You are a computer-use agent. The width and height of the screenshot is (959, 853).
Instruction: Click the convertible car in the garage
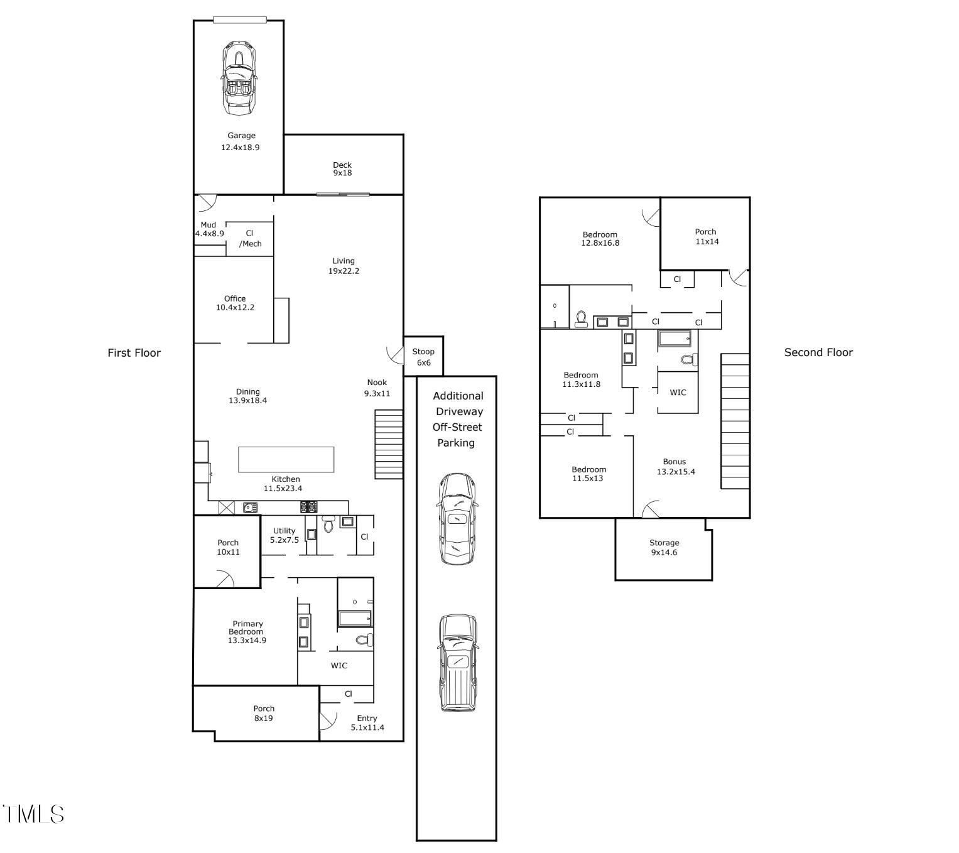(x=239, y=79)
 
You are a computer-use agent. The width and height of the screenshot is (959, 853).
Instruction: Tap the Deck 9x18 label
(x=342, y=169)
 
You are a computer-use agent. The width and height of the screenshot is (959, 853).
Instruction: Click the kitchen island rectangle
(x=286, y=459)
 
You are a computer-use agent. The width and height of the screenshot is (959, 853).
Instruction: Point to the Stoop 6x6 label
(x=423, y=357)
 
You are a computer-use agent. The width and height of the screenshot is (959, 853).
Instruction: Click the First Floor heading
(x=134, y=352)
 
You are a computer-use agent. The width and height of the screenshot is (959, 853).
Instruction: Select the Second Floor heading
(x=818, y=352)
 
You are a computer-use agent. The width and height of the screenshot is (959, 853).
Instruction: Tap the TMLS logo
(x=33, y=813)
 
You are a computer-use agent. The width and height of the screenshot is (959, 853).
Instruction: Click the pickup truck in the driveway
(x=458, y=663)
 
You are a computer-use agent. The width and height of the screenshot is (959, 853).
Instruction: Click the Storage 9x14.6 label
(x=664, y=547)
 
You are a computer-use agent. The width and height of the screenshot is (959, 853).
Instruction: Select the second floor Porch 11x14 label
(x=707, y=236)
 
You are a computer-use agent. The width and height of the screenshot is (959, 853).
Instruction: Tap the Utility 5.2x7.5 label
(x=284, y=535)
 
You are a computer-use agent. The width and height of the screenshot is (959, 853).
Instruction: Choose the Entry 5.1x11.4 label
(x=367, y=722)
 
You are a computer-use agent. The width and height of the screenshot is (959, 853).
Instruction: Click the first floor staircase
(x=389, y=444)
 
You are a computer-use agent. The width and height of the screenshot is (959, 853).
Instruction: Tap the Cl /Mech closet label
(x=250, y=239)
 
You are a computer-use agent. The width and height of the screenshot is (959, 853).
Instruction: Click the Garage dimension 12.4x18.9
(x=240, y=147)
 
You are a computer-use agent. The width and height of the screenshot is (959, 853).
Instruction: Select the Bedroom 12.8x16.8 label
(x=600, y=239)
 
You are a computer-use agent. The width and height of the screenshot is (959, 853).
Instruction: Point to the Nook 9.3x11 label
(x=377, y=388)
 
